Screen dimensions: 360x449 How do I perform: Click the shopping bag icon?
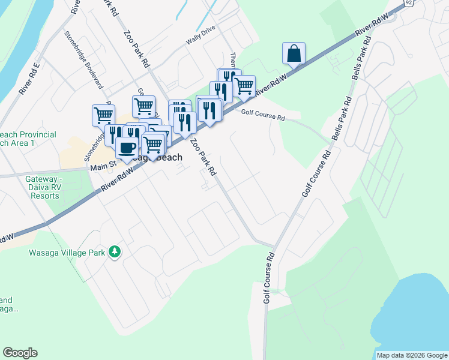[x=294, y=53]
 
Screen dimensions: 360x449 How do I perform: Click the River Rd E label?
[x=29, y=79]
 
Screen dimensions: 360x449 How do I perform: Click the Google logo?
[x=20, y=353]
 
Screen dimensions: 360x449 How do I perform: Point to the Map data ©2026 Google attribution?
[x=412, y=355]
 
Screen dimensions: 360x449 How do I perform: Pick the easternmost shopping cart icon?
[x=243, y=86]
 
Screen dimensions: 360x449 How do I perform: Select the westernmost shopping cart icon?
[x=103, y=114]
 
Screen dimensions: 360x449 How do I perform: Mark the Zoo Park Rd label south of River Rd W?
[x=203, y=157]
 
